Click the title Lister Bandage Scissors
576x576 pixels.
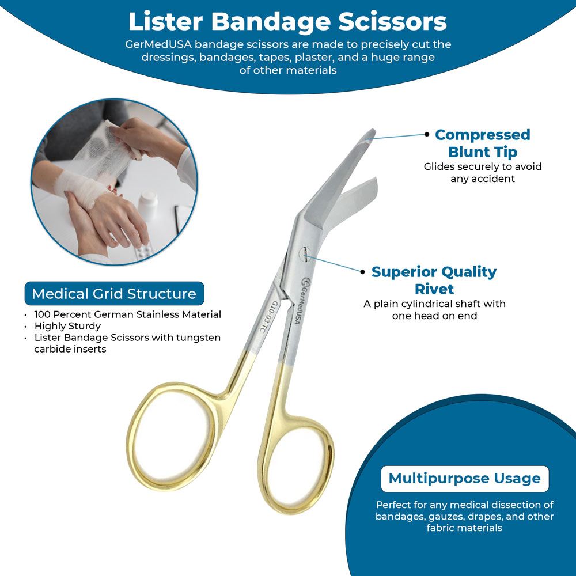point(287,22)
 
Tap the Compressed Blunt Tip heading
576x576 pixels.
point(482,143)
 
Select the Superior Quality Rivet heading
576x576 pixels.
point(434,281)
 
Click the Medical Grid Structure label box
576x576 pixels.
point(114,294)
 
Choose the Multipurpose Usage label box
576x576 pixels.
point(465,479)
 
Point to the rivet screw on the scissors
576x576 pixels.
point(305,254)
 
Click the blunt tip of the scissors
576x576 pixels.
point(370,134)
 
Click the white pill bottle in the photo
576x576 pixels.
point(148,206)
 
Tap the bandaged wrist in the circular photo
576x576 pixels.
point(79,187)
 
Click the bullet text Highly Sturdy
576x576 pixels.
point(67,326)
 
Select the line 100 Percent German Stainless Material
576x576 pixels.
point(127,314)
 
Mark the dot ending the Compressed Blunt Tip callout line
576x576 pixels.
point(426,134)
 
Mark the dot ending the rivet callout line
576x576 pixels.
point(362,272)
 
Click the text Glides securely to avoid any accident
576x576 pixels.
point(482,173)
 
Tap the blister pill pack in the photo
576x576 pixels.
point(144,252)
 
